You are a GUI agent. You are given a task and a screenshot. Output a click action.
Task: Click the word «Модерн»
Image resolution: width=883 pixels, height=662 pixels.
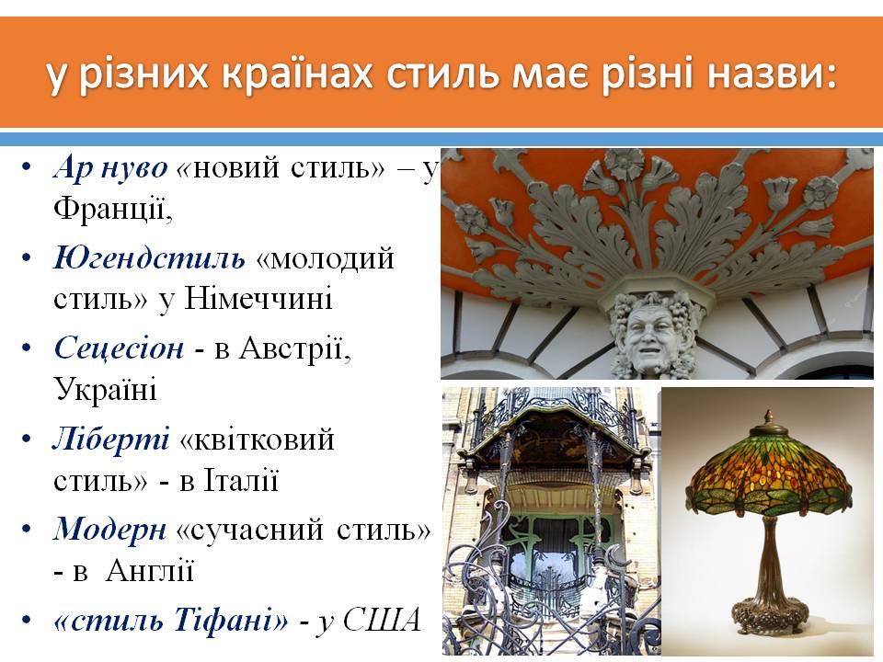click(110, 530)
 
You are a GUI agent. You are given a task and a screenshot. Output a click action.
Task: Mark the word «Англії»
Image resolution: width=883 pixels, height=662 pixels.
click(150, 571)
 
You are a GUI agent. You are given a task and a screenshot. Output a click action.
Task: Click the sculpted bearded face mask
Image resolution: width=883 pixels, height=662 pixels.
click(654, 335)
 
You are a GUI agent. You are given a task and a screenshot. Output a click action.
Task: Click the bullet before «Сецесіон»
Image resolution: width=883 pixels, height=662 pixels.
click(28, 348)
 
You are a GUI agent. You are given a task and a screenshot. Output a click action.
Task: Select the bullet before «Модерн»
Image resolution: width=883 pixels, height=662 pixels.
click(28, 531)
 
